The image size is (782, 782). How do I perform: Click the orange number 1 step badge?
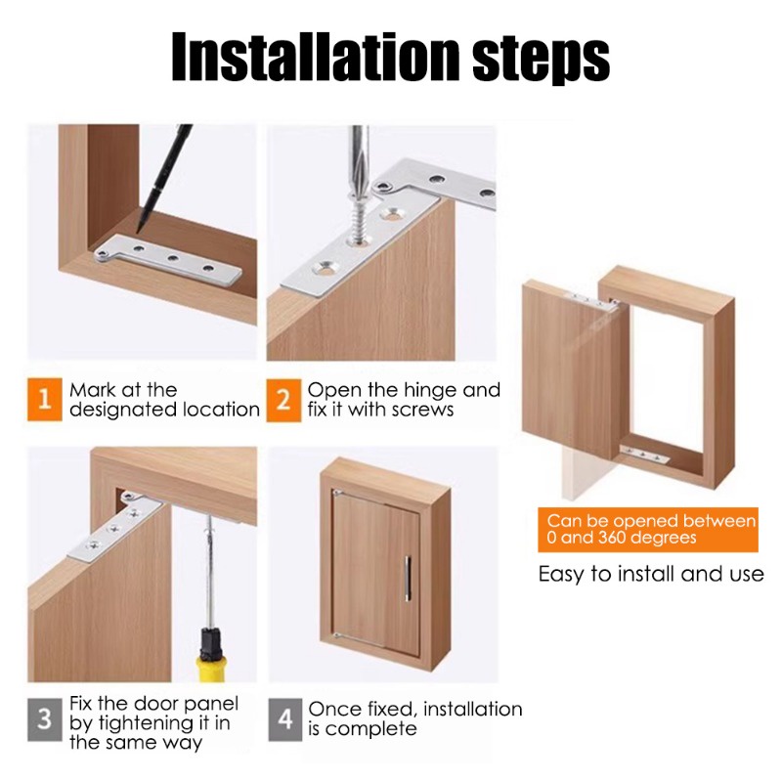pos(45,400)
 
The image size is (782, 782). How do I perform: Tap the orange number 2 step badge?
pos(283,401)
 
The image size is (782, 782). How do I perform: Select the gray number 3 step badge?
pos(45,719)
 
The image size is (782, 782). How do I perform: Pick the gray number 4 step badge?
pos(285,719)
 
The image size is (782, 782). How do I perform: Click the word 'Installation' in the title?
pos(315,57)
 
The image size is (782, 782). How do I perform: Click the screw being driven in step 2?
pos(357,219)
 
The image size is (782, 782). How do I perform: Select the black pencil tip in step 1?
pos(139,228)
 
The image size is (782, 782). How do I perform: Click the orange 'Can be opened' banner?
pos(648,530)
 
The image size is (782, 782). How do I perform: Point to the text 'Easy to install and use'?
pos(651,574)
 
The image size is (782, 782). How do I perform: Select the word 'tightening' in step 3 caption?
pos(156,724)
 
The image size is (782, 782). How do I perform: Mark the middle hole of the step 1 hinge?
pos(173,259)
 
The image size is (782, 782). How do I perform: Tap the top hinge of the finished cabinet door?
pos(338,493)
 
